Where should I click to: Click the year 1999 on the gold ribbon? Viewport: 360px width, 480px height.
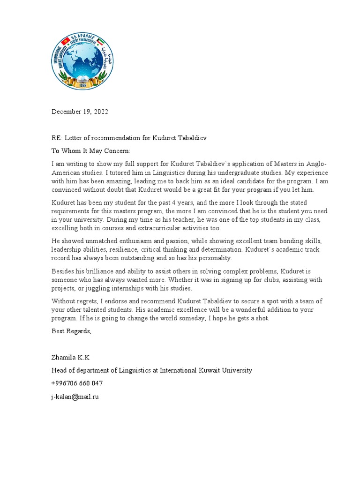(x=82, y=85)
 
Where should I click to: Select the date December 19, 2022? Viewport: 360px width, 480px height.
(x=80, y=112)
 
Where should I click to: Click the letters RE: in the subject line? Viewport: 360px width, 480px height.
(x=57, y=138)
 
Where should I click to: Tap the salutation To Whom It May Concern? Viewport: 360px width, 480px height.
(x=91, y=151)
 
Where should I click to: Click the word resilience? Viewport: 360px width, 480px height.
(x=124, y=249)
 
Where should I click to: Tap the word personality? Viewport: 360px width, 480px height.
(x=213, y=258)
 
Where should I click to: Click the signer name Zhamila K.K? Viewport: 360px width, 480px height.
(x=70, y=357)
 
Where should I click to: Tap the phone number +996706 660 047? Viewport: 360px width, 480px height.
(x=77, y=383)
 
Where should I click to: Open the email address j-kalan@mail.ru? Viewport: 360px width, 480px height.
(x=75, y=396)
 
